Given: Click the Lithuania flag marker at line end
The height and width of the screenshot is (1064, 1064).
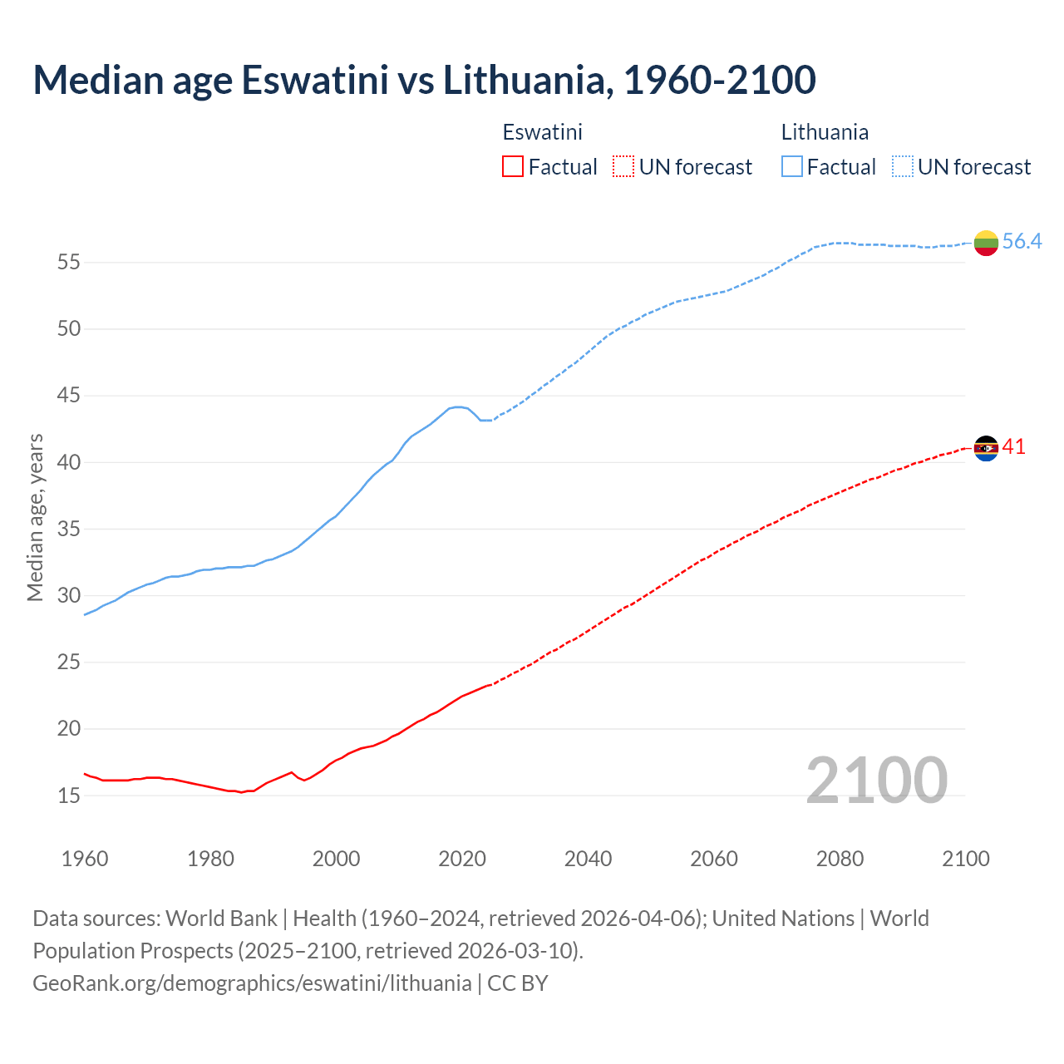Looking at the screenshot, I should [986, 243].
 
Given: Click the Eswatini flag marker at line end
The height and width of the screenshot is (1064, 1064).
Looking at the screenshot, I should [986, 448].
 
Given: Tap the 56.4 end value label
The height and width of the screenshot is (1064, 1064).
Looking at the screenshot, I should [1022, 241].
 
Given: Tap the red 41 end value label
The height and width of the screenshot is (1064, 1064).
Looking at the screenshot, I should [1013, 446].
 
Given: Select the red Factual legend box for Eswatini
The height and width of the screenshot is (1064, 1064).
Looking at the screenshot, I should [513, 167].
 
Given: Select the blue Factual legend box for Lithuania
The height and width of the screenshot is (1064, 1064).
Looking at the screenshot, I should [792, 167].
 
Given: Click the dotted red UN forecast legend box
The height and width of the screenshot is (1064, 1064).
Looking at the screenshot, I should [623, 167].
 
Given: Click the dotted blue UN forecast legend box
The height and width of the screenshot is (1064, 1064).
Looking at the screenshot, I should [902, 167].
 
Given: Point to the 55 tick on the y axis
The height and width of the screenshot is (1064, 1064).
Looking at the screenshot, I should [69, 263].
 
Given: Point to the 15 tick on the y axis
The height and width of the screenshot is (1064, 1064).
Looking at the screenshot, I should [69, 796].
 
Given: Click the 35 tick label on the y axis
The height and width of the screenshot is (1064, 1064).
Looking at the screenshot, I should [69, 529].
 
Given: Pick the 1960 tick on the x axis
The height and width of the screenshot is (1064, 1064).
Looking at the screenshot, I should [85, 859].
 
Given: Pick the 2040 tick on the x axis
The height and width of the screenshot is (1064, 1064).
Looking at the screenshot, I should [588, 859].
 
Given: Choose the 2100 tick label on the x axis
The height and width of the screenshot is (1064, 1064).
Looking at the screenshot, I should [965, 859].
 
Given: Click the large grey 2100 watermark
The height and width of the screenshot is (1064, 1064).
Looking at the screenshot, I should [876, 780].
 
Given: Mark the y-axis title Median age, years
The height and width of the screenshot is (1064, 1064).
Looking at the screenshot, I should [35, 517].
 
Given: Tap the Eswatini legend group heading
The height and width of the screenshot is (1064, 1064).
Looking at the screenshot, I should [542, 132].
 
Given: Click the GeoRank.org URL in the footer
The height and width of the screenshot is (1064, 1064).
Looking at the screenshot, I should [252, 983].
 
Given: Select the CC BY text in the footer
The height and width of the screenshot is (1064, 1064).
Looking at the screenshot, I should [518, 983].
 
